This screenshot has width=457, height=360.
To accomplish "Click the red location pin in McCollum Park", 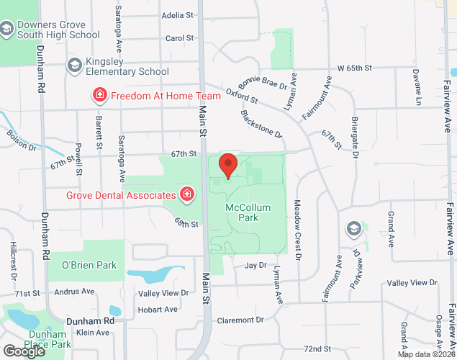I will [x=228, y=165].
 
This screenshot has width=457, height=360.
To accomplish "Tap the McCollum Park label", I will [x=248, y=212].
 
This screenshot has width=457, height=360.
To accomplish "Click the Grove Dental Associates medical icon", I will [x=187, y=194].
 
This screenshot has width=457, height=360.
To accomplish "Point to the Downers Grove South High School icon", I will [x=7, y=29].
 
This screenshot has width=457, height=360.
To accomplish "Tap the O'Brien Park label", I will [x=88, y=265].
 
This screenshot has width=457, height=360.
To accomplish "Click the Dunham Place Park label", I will [x=47, y=339].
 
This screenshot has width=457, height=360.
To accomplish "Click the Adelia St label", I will [x=178, y=14].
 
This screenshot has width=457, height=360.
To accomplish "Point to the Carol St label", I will [x=180, y=38].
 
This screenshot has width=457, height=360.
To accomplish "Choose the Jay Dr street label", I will [x=255, y=265].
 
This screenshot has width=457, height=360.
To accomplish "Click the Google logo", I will [x=24, y=351].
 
